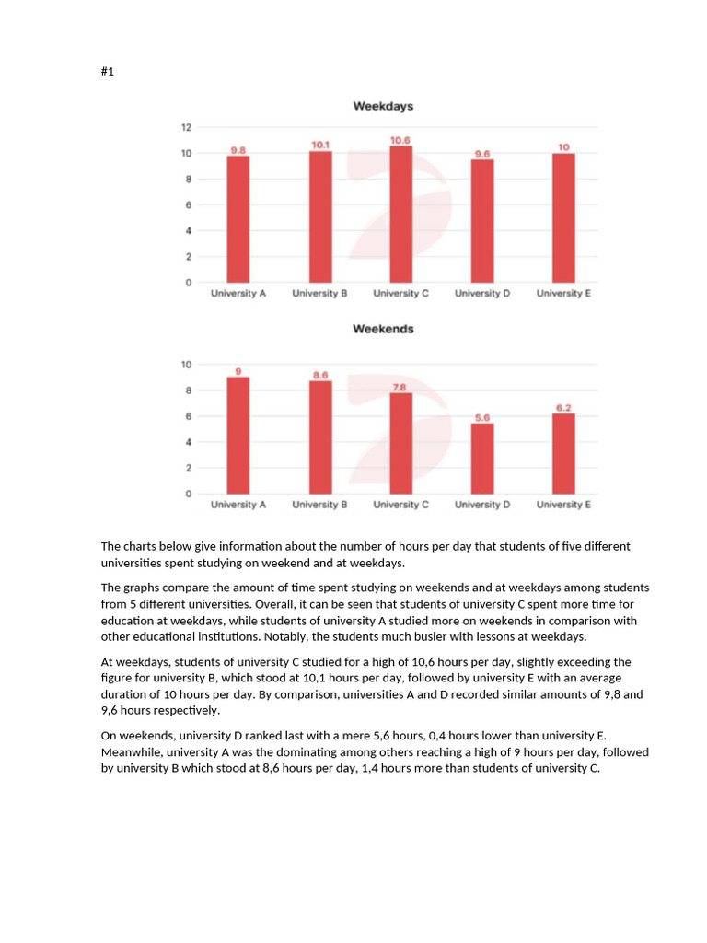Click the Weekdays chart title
tap(383, 106)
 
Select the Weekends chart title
tap(383, 329)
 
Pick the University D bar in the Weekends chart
tap(481, 458)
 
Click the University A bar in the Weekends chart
tap(238, 435)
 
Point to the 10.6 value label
tap(400, 140)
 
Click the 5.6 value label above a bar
tap(481, 417)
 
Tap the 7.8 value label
tap(400, 388)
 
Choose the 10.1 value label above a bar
tap(320, 145)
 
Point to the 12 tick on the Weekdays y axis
tap(186, 127)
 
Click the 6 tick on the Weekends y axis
tap(187, 416)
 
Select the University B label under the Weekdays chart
tap(319, 294)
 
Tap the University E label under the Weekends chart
tap(563, 505)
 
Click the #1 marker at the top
tap(107, 72)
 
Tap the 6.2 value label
tap(563, 408)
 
